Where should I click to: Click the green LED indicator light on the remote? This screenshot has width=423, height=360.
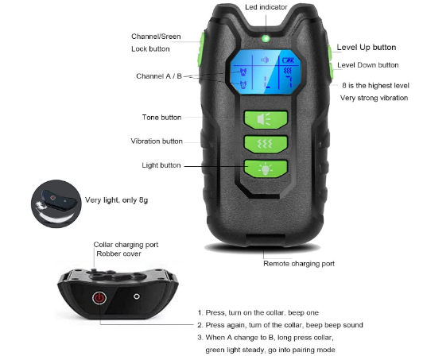click(x=266, y=39)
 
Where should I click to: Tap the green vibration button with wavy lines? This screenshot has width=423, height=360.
click(x=266, y=144)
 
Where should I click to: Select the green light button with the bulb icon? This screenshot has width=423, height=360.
click(x=266, y=168)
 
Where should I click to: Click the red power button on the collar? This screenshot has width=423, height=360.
click(x=99, y=298)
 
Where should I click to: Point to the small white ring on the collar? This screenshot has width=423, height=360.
click(x=137, y=296)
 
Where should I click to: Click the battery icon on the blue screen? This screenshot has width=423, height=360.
click(x=289, y=60)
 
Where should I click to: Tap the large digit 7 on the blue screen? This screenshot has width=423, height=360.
click(x=289, y=81)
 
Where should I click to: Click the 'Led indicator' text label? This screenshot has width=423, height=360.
click(x=266, y=7)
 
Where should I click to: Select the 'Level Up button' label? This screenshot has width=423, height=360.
click(x=367, y=48)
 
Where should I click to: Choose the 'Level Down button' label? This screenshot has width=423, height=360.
click(x=368, y=65)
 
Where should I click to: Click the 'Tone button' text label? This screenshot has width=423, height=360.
click(x=161, y=118)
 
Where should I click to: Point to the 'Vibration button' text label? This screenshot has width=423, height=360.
click(x=157, y=141)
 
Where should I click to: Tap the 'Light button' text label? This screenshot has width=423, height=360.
click(x=161, y=165)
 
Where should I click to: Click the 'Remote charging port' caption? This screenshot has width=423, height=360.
click(x=299, y=264)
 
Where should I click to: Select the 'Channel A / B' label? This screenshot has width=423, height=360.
click(x=159, y=76)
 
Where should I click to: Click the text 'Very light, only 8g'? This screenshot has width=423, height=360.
click(x=116, y=200)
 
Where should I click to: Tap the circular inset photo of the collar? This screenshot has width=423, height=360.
click(x=56, y=204)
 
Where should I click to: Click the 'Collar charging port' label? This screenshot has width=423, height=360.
click(x=126, y=245)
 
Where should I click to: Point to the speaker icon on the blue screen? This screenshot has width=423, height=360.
click(x=265, y=60)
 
